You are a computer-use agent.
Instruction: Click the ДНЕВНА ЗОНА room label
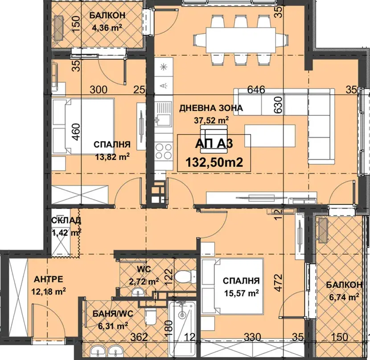[x=211, y=108]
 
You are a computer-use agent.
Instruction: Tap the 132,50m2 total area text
[x=214, y=163]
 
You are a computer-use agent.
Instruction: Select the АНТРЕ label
[x=49, y=279]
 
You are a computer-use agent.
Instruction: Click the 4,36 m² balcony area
[x=107, y=28]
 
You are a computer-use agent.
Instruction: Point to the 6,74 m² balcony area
[x=344, y=297]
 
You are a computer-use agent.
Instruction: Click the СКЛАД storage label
[x=66, y=221]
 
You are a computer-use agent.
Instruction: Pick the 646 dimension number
[x=256, y=90]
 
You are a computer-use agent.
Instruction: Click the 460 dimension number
[x=77, y=132]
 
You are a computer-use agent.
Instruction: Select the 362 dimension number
[x=139, y=337]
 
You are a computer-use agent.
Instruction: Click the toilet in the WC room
[x=186, y=277]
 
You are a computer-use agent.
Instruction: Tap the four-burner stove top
[x=164, y=151]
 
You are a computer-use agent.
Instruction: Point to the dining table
[x=241, y=40]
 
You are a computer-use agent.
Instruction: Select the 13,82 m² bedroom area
[x=112, y=157]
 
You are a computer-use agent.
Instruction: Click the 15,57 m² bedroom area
[x=242, y=293]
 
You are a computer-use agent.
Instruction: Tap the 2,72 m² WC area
[x=144, y=282]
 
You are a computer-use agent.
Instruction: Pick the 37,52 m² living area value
[x=211, y=120]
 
